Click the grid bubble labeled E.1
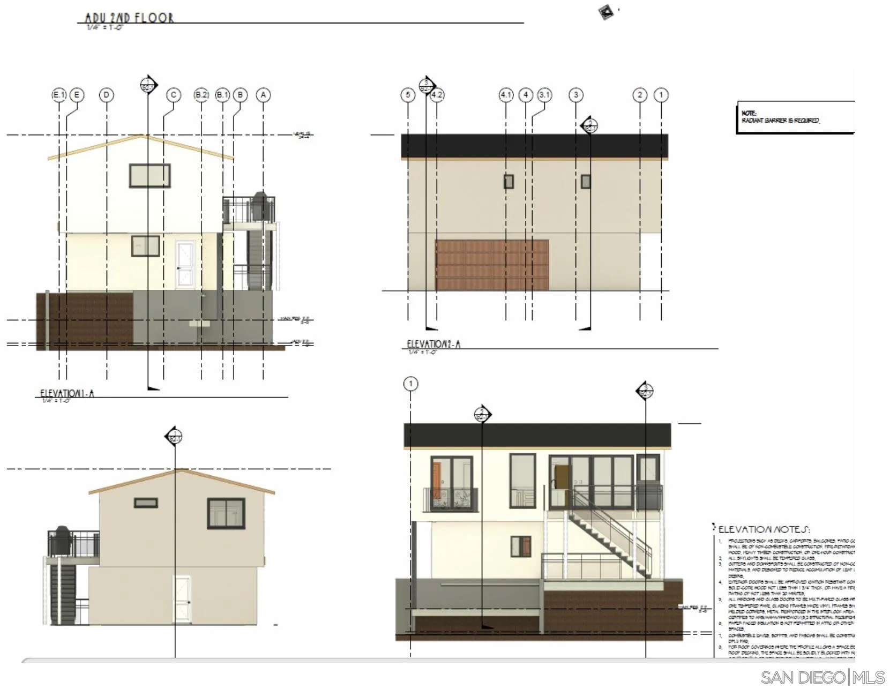click(59, 95)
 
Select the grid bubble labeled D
click(107, 95)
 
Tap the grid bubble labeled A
click(263, 95)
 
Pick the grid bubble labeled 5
click(408, 95)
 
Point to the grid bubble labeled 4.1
click(506, 95)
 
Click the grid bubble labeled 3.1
click(544, 95)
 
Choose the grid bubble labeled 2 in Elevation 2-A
click(640, 95)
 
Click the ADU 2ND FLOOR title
click(129, 18)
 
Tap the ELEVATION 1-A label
click(67, 394)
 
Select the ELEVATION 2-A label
click(433, 344)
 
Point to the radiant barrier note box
click(795, 117)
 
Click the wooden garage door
click(491, 265)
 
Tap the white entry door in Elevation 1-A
click(185, 265)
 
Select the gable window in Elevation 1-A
click(149, 176)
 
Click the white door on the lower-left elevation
click(182, 599)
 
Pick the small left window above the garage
click(508, 182)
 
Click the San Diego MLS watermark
click(822, 677)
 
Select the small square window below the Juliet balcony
click(520, 546)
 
